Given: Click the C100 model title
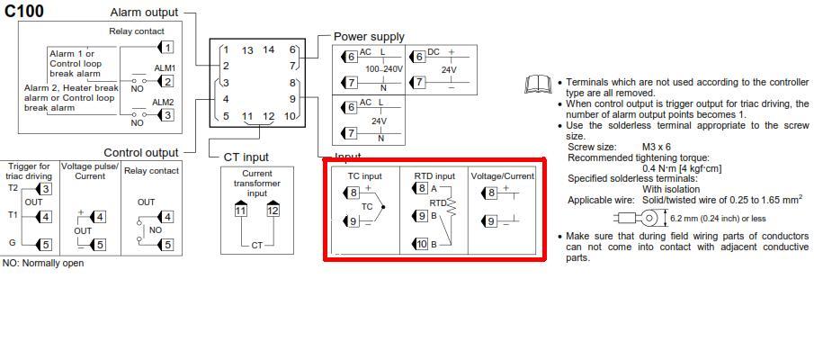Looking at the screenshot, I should point(24,11).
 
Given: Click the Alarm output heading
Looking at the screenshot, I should point(144,13).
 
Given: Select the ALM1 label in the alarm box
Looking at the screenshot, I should point(163,67).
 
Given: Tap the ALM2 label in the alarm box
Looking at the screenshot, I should point(163,102).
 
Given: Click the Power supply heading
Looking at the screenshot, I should point(369,37).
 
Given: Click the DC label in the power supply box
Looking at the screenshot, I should point(434,52).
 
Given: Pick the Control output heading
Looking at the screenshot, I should point(141,153).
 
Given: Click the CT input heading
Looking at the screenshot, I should point(246,157).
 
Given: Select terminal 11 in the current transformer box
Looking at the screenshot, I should point(240,211).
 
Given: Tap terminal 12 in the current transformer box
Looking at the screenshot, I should point(273,211).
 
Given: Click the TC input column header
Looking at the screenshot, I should point(365,176).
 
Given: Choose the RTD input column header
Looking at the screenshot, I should point(434,176).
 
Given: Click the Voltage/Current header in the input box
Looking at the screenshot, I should point(503,176).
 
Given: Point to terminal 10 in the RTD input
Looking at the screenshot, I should point(421,244).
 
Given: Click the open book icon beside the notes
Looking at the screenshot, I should point(537,85).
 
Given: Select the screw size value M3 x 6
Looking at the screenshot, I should point(656,147).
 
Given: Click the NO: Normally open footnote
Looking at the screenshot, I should point(43,264).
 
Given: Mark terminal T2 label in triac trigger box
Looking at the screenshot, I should point(13,188).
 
